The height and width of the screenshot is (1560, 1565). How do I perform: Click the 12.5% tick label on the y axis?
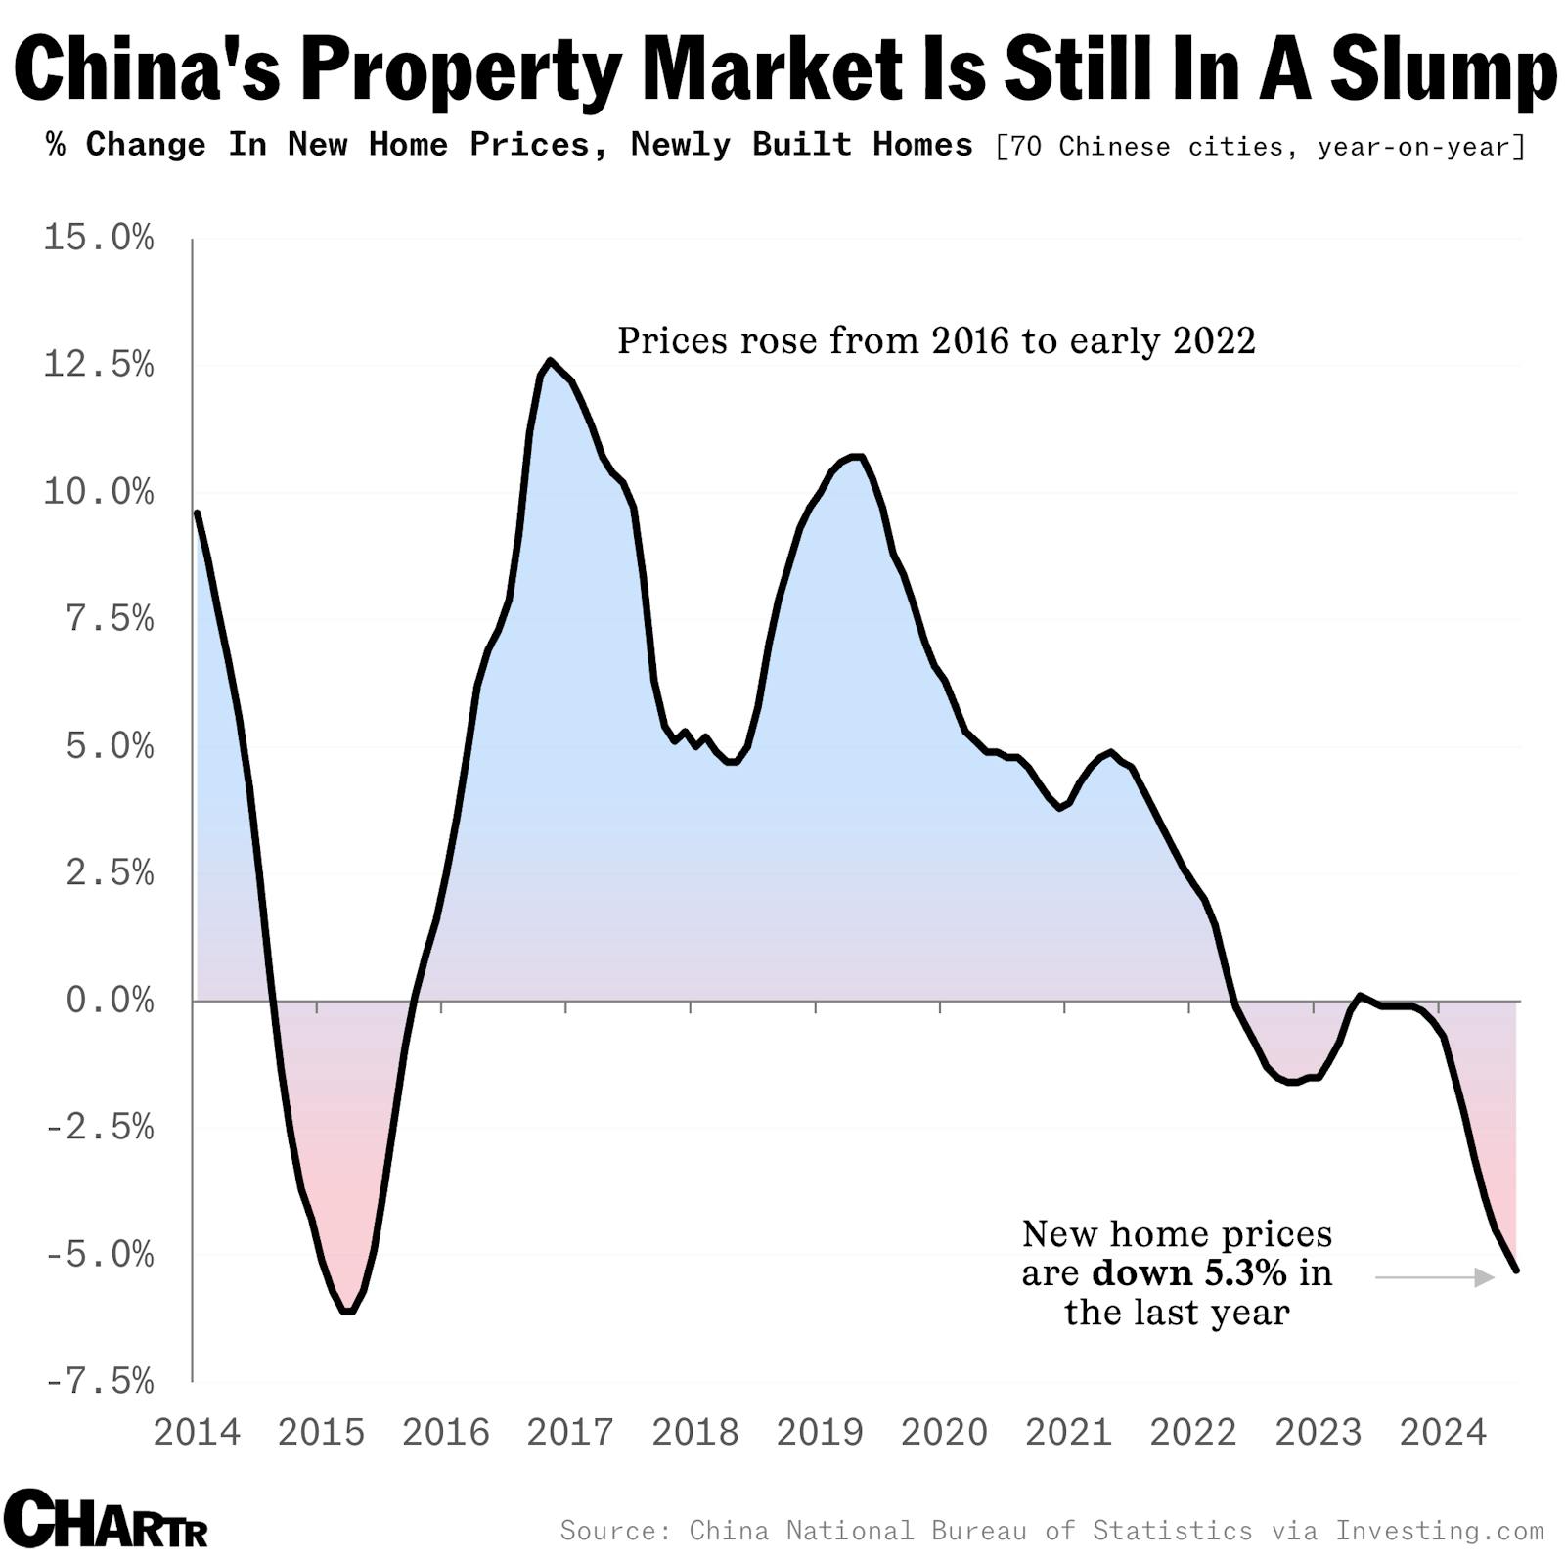pos(98,365)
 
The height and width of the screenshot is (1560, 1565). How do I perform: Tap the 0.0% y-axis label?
pos(110,1001)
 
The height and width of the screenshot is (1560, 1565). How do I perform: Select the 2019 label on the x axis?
pos(820,1433)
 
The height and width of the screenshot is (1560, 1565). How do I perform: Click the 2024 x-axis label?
pos(1443,1433)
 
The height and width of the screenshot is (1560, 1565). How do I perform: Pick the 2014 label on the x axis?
pos(197,1433)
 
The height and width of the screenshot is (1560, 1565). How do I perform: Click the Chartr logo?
pos(106,1519)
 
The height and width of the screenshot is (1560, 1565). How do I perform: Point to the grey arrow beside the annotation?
pos(1434,1277)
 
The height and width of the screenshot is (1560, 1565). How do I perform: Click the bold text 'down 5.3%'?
pos(1188,1273)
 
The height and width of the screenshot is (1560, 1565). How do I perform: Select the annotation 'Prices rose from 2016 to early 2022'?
pos(936,340)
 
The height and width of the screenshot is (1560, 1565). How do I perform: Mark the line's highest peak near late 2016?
pos(550,361)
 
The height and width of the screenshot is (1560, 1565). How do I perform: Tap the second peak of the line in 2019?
pos(855,456)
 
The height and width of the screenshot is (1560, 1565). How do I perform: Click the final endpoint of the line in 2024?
pos(1516,1270)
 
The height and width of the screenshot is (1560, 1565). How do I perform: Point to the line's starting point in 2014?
pos(198,513)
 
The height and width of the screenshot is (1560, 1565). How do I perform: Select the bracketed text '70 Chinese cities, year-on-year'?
pos(1261,147)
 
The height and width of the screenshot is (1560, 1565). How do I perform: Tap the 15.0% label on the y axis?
pos(98,238)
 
